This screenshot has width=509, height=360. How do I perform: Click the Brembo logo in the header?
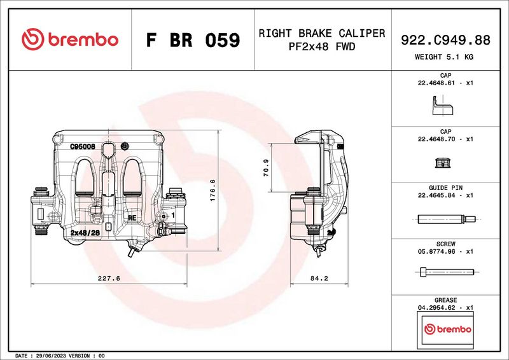pos(70,39)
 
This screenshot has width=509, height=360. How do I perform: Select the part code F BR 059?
pos(193,41)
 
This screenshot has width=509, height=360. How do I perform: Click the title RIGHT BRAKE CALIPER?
pos(321,33)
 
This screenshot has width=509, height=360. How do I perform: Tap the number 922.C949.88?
pos(445,40)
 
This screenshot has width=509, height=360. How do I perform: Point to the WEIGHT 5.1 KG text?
pos(445,57)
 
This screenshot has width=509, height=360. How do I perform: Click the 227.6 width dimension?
pos(109,278)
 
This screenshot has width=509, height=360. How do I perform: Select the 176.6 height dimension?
pos(213,190)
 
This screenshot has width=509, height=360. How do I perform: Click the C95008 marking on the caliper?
pos(83,146)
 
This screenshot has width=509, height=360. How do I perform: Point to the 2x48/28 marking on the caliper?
pos(85,233)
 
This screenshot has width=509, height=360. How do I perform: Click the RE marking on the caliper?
pos(132,218)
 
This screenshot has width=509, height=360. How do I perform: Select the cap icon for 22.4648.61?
pos(441,106)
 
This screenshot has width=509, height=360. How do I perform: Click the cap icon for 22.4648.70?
pos(441,162)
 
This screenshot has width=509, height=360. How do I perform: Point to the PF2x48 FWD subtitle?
pos(321,46)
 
